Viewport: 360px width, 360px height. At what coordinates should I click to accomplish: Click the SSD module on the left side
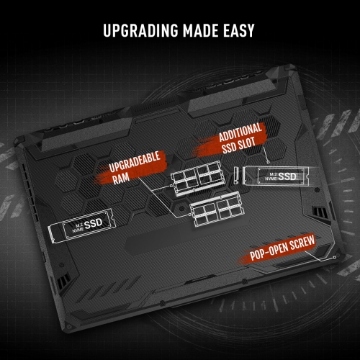pos(81,226)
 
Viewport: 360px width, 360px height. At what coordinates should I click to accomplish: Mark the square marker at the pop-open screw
pos(336,257)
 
